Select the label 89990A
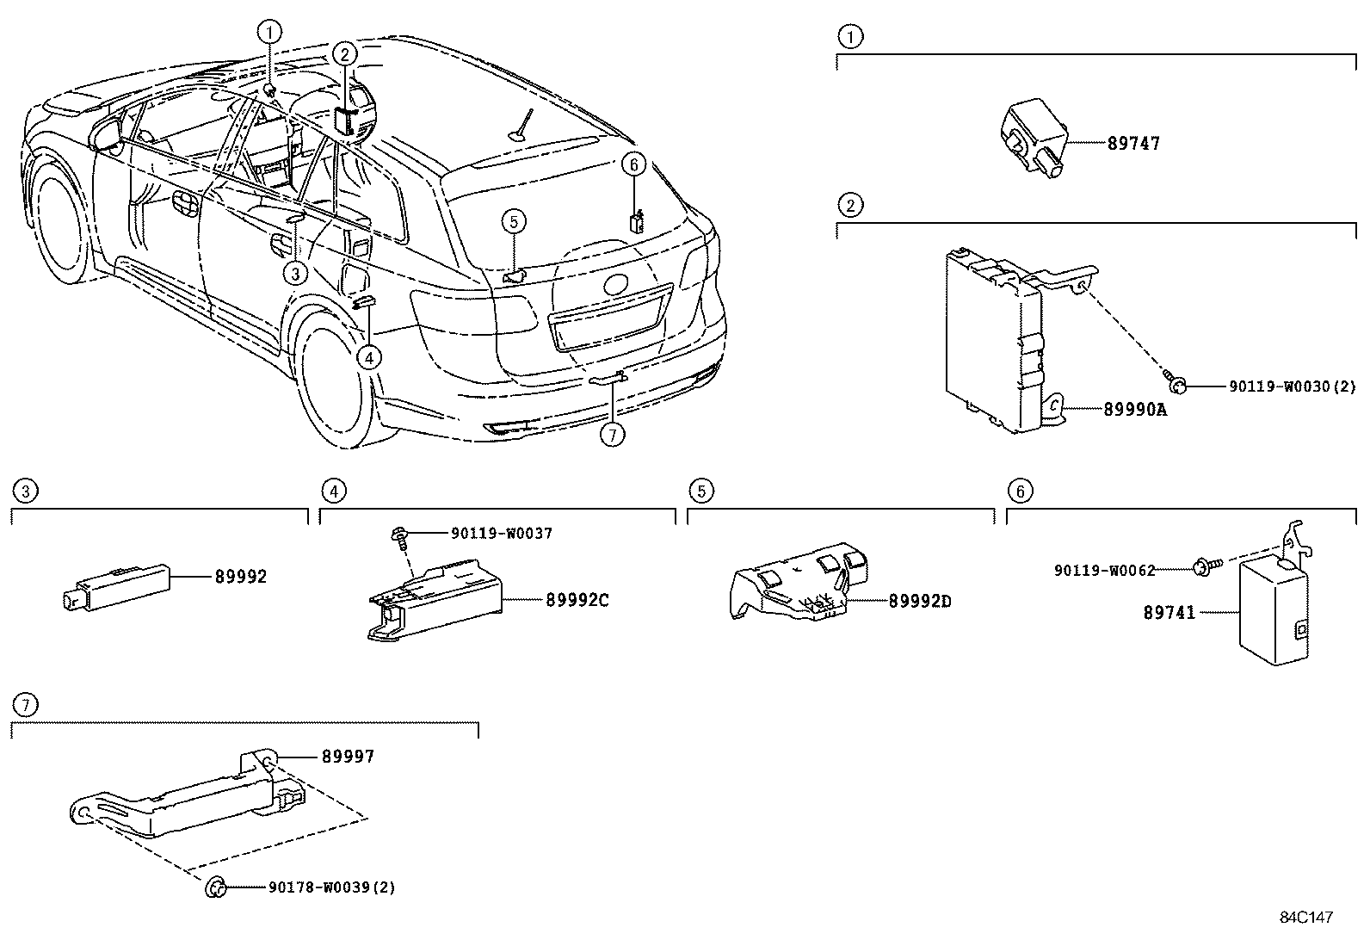[1135, 410]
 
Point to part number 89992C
[577, 600]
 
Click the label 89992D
[920, 601]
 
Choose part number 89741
[1169, 612]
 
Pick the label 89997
[348, 756]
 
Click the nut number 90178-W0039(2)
[331, 887]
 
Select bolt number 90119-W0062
[1104, 570]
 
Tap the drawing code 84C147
[1305, 918]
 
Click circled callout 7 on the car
[611, 435]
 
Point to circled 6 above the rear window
[633, 164]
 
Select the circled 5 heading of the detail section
[701, 491]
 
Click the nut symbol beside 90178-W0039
[215, 886]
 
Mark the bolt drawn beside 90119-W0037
[400, 535]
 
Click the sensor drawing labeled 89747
[1033, 138]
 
